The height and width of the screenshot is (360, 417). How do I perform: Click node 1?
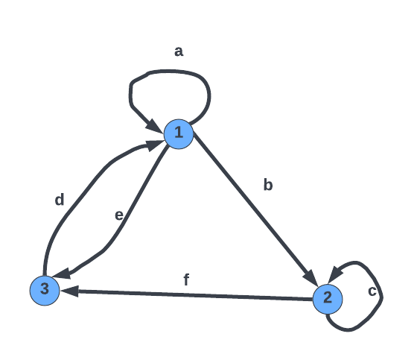point(179,134)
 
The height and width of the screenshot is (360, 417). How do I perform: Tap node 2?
point(328,299)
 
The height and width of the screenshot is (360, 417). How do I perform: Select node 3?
point(45,291)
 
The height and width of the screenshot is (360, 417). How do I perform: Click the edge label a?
point(179,51)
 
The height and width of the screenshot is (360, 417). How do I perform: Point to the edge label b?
point(268,185)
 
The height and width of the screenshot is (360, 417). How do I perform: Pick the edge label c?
point(372,291)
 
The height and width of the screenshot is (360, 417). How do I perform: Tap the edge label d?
point(60,200)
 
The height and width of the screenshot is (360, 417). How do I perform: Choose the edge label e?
point(119,215)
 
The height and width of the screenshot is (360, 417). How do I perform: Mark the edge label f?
point(186,280)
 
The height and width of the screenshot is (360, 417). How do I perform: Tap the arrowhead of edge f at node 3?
point(70,291)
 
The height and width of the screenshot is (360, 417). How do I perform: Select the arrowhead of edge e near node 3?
point(62,274)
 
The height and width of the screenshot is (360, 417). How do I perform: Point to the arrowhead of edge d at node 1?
point(155,145)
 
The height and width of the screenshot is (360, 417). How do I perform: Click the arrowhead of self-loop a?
point(155,125)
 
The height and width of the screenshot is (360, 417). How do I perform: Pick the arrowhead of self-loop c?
point(335,274)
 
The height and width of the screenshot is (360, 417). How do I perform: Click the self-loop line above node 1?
point(171,72)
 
